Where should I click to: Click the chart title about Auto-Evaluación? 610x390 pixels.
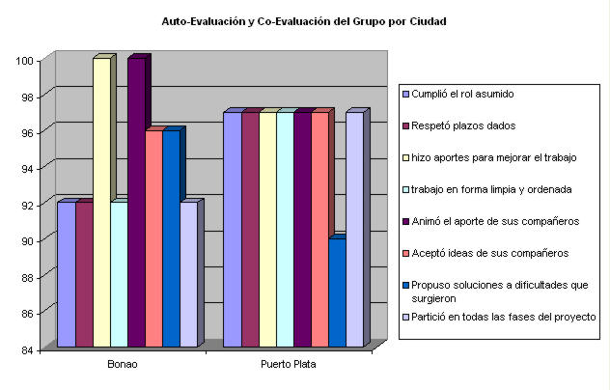pos(304,20)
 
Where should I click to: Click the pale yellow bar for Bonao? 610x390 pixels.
pos(100,203)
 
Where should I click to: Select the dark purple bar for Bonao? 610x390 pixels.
pos(135,203)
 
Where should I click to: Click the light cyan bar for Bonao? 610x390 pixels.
pos(118,274)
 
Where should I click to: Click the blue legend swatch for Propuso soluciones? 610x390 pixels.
pos(405,286)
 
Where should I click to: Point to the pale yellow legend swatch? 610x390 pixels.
pos(405,157)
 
